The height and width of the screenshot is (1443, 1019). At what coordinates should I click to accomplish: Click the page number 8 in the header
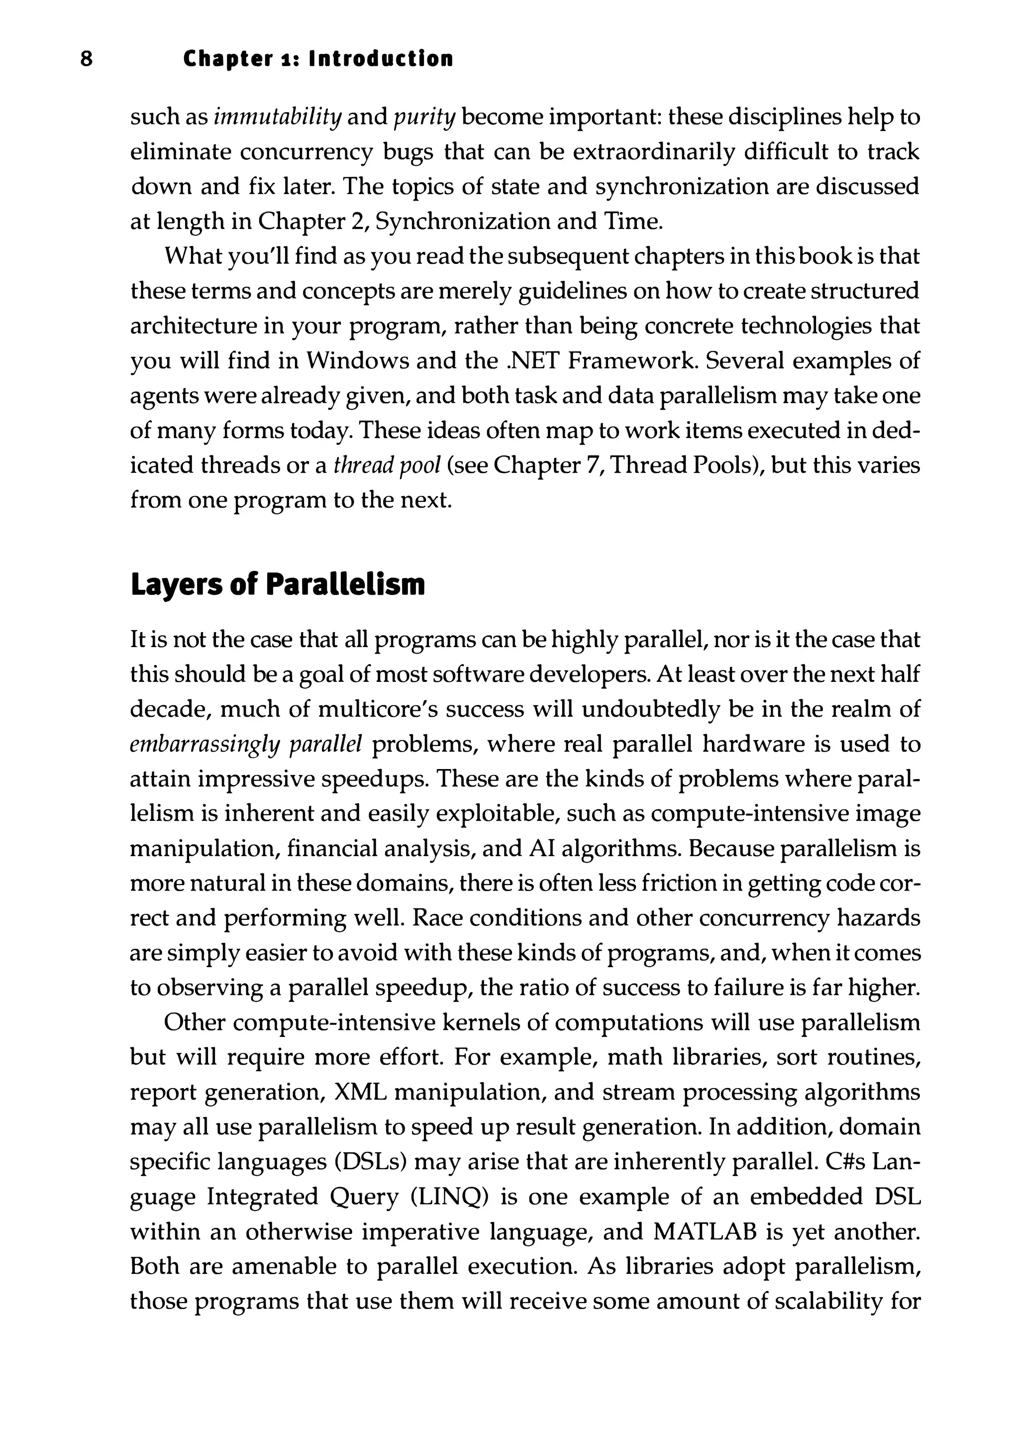87,59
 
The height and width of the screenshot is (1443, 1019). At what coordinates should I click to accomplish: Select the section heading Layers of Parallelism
277,584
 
